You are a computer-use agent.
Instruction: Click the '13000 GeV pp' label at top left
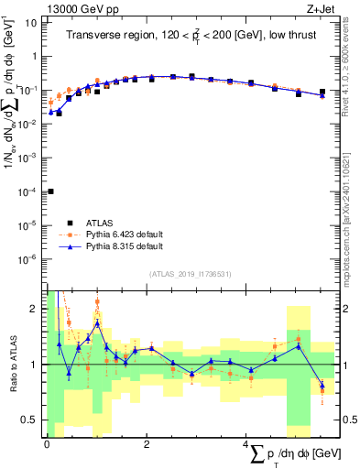click(x=78, y=8)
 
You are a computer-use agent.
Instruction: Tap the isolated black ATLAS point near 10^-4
click(x=50, y=191)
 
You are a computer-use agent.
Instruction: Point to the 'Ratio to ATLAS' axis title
click(x=12, y=364)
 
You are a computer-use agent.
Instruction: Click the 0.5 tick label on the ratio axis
click(x=29, y=420)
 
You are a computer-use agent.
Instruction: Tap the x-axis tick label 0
click(x=47, y=442)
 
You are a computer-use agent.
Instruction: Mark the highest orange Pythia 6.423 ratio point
click(x=97, y=301)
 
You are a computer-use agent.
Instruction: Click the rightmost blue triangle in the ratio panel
click(x=322, y=384)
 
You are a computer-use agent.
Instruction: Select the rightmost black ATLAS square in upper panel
click(x=322, y=92)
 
